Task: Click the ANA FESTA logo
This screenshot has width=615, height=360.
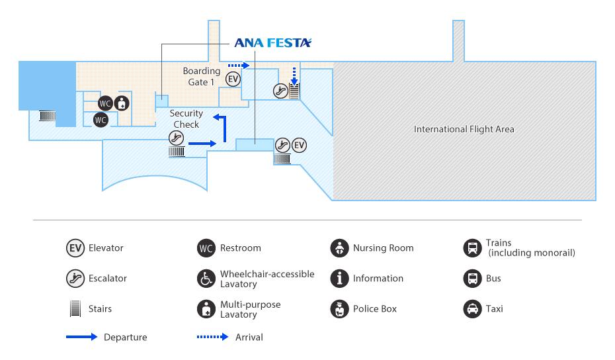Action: (x=272, y=43)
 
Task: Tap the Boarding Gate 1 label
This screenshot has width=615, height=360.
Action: (x=202, y=77)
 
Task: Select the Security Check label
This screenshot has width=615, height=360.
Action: (x=186, y=119)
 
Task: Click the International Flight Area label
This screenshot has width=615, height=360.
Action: (x=464, y=129)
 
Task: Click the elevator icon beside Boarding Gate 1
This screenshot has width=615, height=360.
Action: (x=233, y=79)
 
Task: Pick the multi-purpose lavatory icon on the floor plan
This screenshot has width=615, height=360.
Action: (x=122, y=103)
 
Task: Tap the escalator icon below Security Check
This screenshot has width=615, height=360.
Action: (x=176, y=138)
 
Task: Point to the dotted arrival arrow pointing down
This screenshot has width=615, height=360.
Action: (x=294, y=75)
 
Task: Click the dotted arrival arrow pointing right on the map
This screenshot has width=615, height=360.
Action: (x=239, y=65)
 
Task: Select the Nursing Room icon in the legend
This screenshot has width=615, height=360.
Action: (x=340, y=248)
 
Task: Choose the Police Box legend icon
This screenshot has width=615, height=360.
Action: (x=340, y=309)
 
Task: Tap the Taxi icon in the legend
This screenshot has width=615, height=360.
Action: (x=473, y=309)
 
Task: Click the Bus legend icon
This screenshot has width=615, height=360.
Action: (x=473, y=279)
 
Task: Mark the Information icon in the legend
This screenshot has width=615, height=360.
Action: (x=340, y=279)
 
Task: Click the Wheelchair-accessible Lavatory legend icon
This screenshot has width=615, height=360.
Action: (x=206, y=279)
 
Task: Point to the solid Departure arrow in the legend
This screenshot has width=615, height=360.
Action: (x=81, y=337)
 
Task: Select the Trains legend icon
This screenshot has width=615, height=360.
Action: (x=473, y=248)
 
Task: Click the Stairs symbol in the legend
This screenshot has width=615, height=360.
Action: (x=75, y=308)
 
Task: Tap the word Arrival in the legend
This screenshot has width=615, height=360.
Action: (x=249, y=337)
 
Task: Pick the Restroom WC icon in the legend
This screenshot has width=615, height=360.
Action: (x=206, y=248)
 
